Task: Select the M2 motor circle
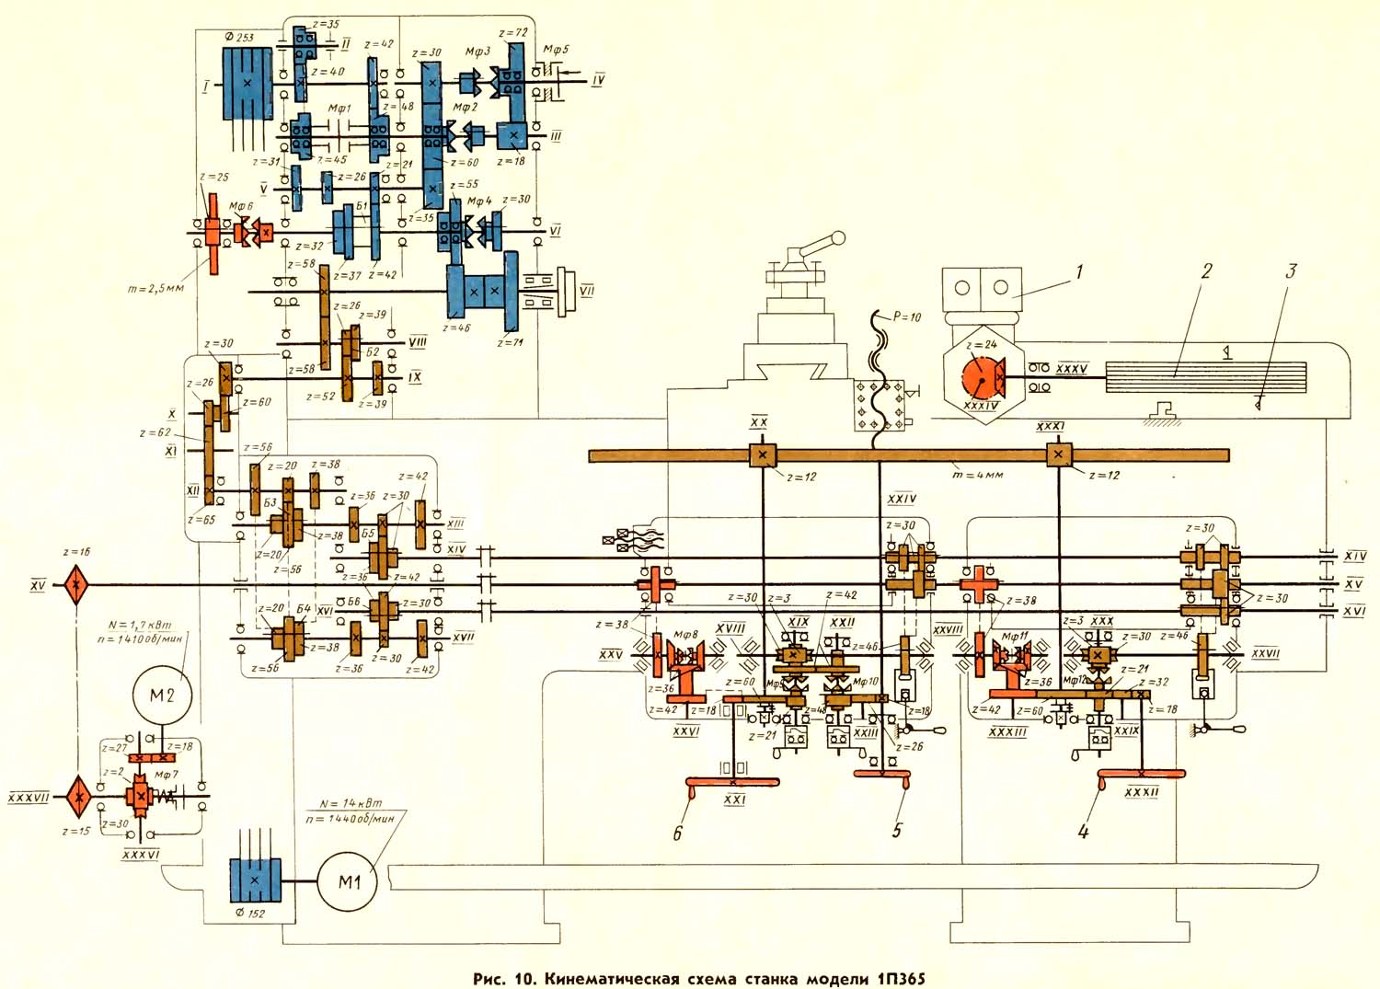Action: click(162, 695)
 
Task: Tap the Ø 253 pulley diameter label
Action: click(239, 37)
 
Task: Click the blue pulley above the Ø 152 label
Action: click(254, 880)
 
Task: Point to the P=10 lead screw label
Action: click(905, 316)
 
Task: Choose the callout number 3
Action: click(1291, 271)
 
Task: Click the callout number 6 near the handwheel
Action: click(678, 834)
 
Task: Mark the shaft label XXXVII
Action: click(29, 798)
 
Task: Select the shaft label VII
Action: click(586, 291)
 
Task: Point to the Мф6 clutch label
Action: click(241, 207)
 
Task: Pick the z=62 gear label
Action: click(155, 431)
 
